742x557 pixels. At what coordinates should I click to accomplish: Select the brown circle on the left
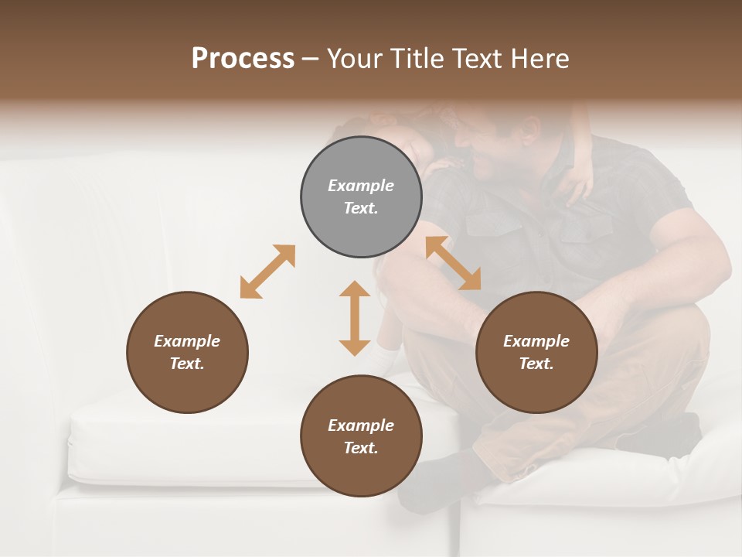187,352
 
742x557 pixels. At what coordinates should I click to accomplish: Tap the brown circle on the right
536,352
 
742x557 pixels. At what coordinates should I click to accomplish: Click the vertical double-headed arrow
355,318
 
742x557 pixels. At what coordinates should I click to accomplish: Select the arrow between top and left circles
267,272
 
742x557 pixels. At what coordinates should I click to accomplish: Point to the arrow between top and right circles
453,263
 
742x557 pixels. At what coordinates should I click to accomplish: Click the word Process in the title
243,58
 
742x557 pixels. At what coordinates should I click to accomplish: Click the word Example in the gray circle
361,186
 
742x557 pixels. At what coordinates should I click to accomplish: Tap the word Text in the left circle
187,364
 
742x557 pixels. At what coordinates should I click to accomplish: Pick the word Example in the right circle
536,340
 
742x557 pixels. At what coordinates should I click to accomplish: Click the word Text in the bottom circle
361,448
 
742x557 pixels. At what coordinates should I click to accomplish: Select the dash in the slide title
311,59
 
